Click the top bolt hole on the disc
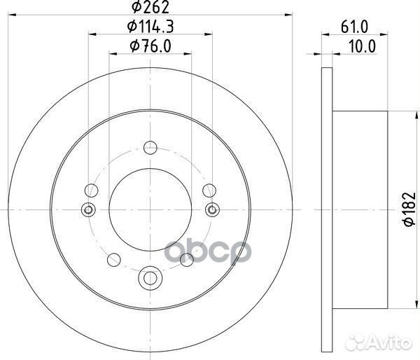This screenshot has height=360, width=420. point(149,147)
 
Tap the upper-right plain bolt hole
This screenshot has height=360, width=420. point(208,190)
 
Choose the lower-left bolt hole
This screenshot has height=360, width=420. point(113,259)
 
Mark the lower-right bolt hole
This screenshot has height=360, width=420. point(185,259)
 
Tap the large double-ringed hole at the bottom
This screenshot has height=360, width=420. point(149,277)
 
